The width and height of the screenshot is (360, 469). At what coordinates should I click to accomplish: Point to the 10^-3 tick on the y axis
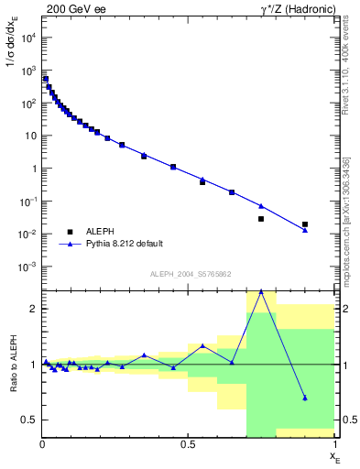[x=27, y=267]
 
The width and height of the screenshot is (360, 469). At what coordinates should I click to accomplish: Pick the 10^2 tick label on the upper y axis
[x=27, y=104]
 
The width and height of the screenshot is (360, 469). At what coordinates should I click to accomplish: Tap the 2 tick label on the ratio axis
[x=33, y=309]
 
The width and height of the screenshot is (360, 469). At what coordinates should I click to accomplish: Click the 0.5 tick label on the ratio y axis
[x=29, y=420]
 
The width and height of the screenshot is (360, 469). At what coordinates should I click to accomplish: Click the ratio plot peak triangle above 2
[x=261, y=291]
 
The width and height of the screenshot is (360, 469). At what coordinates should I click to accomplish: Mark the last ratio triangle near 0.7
[x=305, y=398]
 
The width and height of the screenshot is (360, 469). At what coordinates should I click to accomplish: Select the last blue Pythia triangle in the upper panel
[x=305, y=230]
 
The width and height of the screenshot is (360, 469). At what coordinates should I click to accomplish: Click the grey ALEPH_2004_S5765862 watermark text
[x=189, y=274]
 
